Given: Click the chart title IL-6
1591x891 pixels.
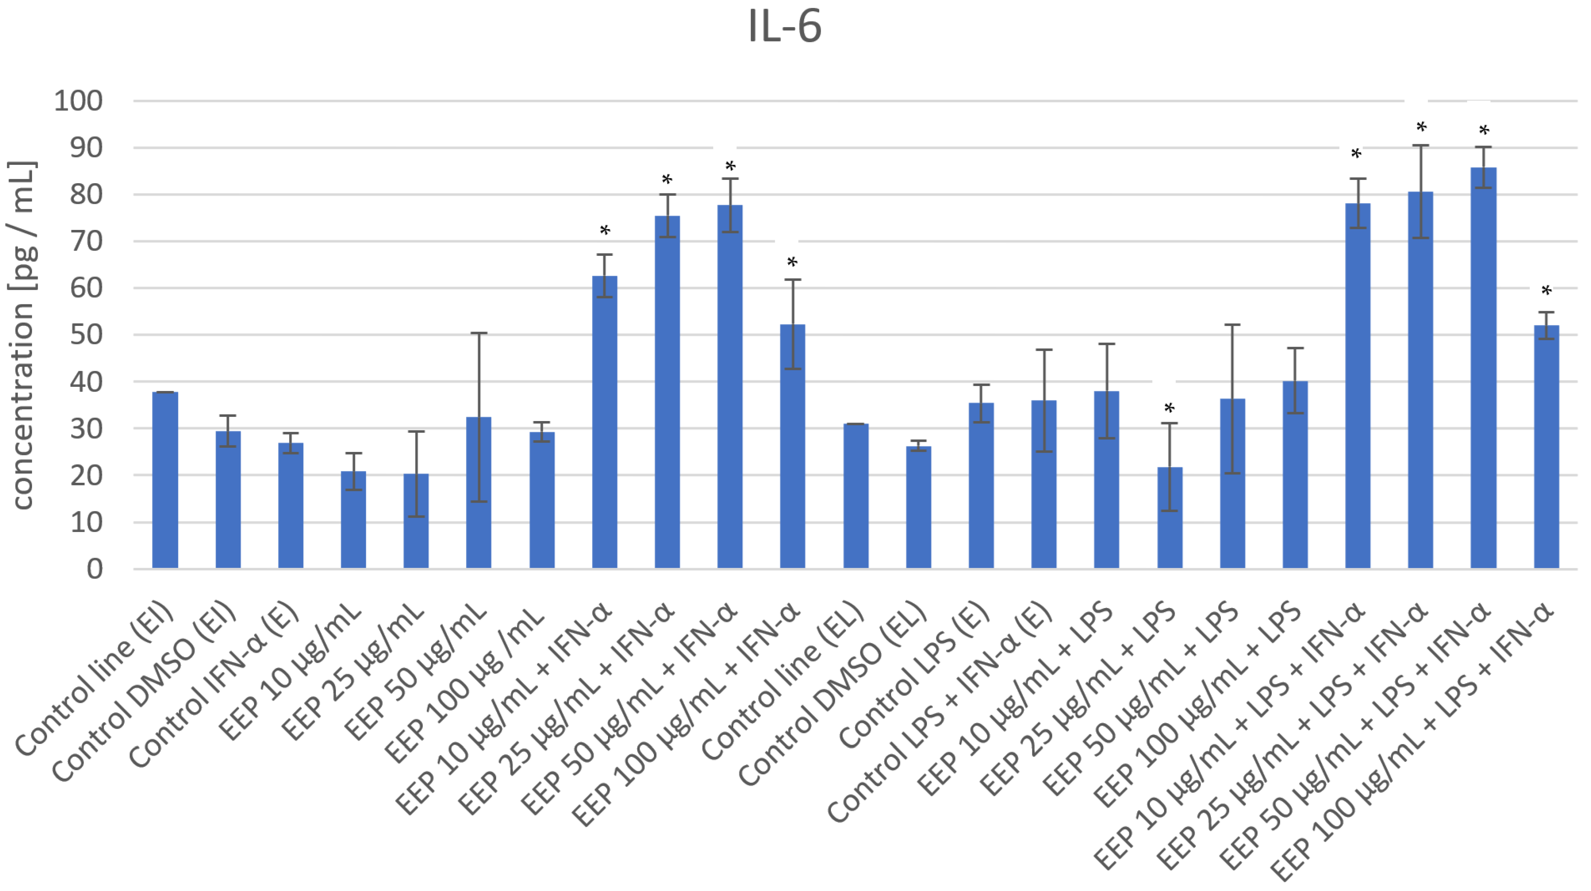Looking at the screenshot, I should click(x=784, y=27).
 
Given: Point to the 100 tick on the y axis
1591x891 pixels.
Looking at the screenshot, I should click(x=78, y=100).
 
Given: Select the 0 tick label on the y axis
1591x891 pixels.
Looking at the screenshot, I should click(x=94, y=569).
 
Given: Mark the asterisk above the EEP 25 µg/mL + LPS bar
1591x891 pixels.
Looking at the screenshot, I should click(x=1169, y=409).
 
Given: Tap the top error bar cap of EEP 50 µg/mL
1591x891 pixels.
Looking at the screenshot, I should click(x=479, y=333).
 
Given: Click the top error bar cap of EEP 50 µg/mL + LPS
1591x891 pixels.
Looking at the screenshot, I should click(x=1232, y=325).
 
